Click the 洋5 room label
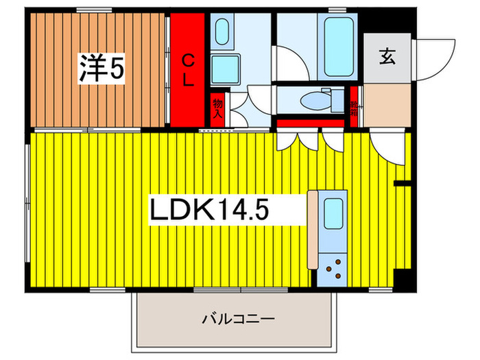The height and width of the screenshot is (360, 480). click(x=100, y=68)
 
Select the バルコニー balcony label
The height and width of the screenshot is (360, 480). click(x=238, y=319)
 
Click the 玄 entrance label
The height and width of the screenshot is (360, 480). click(x=388, y=57)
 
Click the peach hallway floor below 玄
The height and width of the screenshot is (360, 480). click(x=387, y=104)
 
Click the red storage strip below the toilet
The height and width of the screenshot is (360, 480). click(x=310, y=124)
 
